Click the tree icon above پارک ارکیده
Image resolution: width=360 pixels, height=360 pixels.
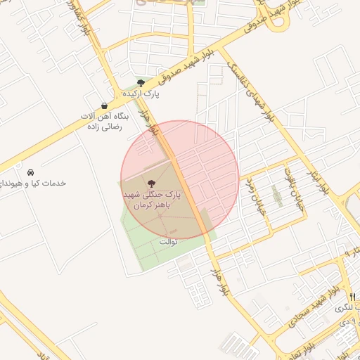(x=141, y=82)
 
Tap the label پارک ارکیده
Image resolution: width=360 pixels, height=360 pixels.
(x=141, y=93)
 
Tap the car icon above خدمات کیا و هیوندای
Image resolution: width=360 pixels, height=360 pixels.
(x=31, y=172)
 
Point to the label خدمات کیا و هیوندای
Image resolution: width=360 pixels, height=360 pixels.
(x=35, y=183)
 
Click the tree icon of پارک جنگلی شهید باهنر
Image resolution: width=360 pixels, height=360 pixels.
(x=153, y=183)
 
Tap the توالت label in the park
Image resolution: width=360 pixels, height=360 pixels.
(x=168, y=241)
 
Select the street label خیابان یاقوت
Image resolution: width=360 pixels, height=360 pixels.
(x=290, y=179)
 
